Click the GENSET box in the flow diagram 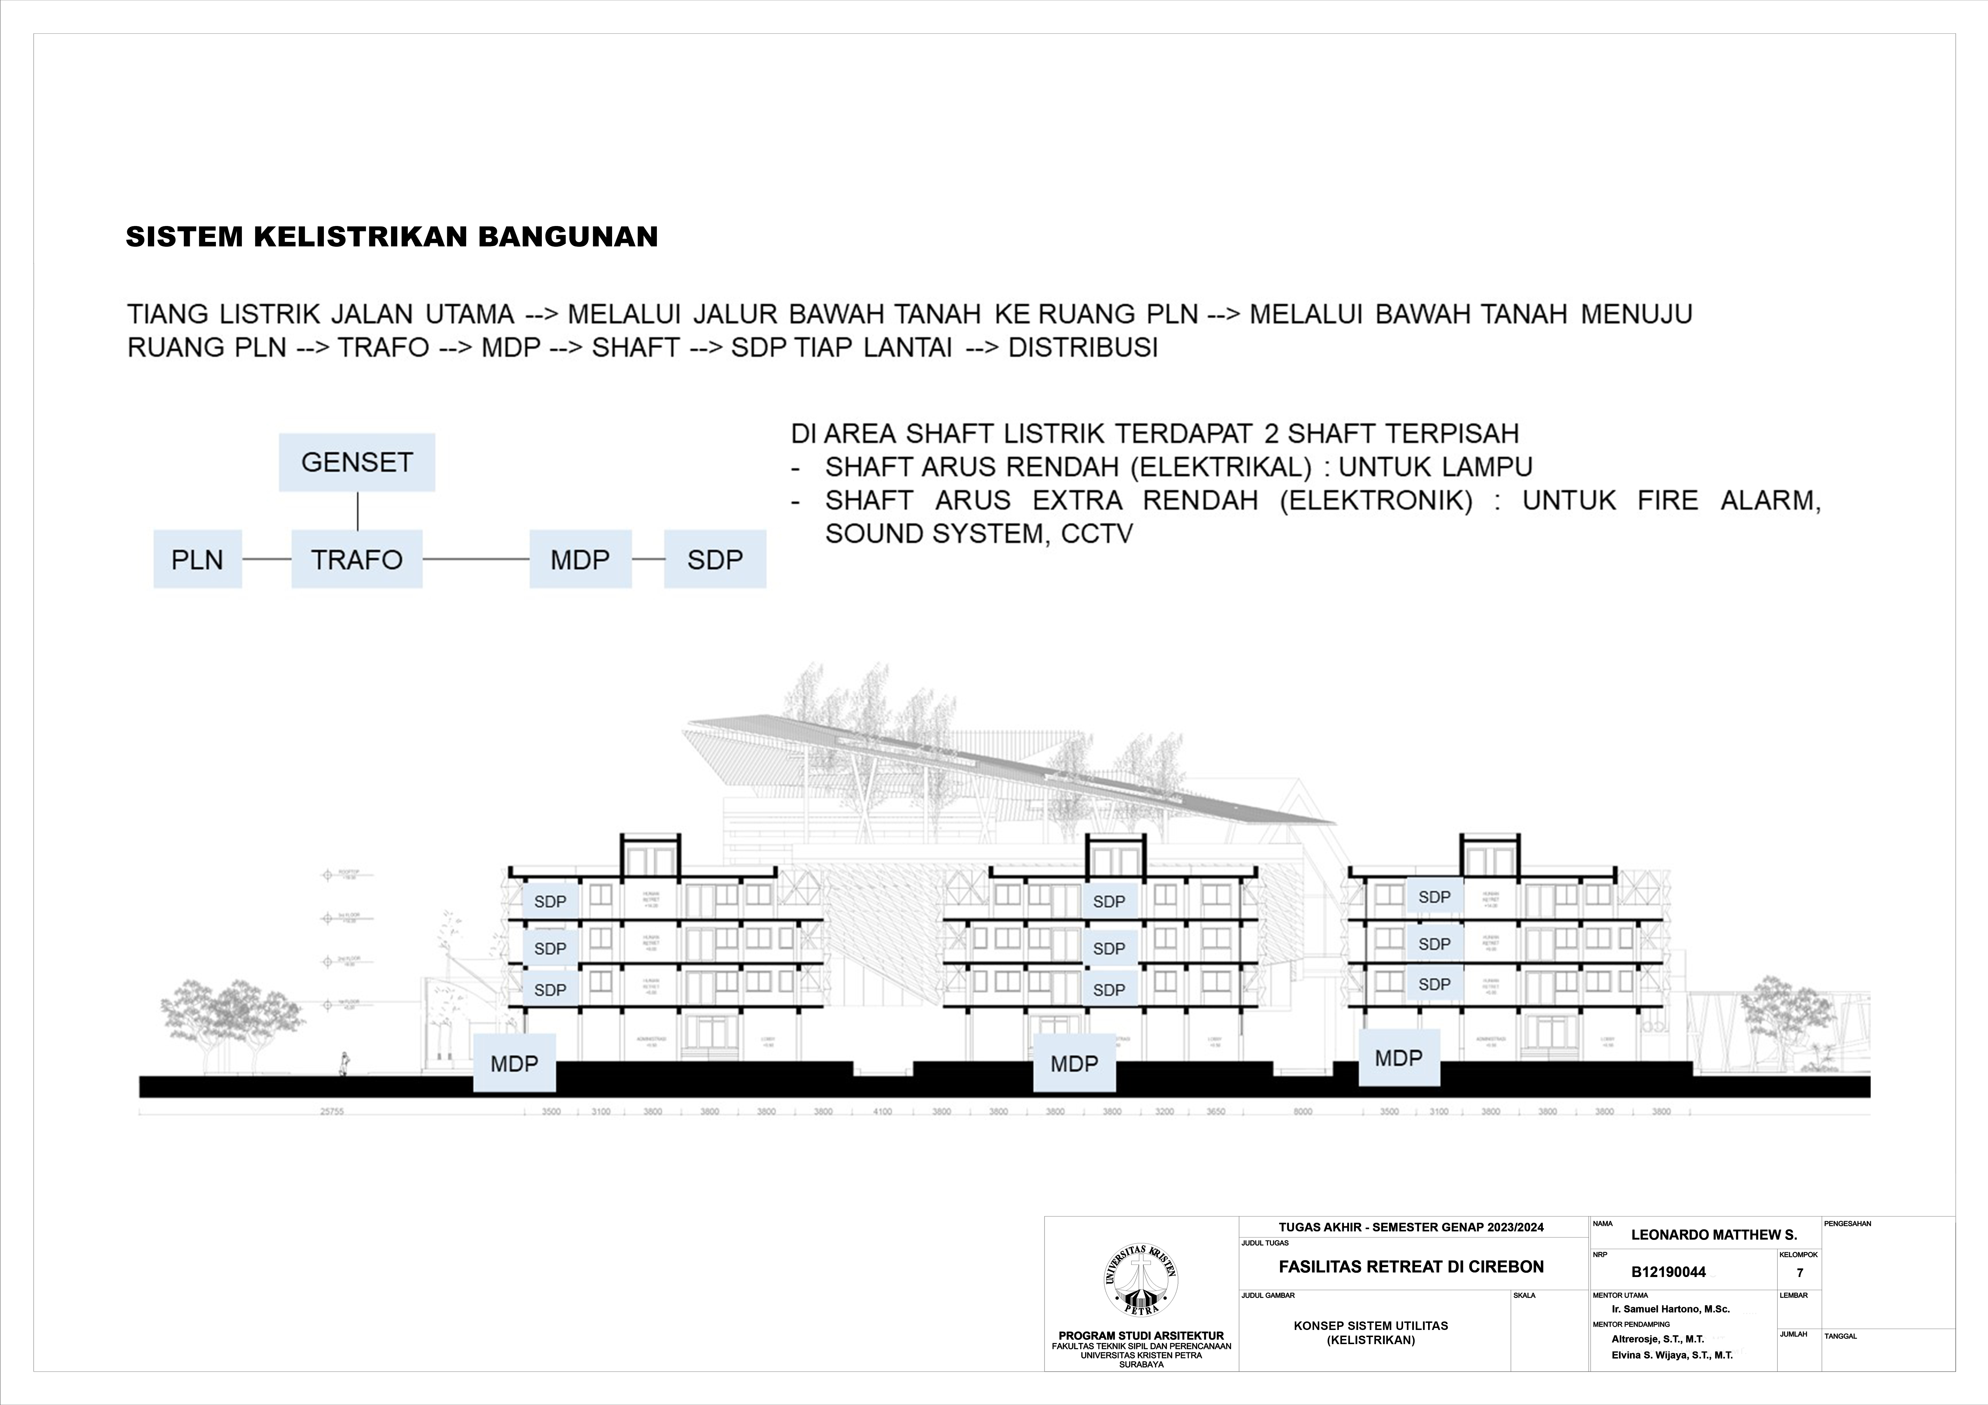[357, 462]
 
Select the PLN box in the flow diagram [197, 559]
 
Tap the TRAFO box [357, 559]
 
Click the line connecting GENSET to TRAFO [358, 511]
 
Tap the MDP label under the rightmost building [1398, 1058]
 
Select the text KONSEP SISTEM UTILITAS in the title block [1371, 1325]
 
